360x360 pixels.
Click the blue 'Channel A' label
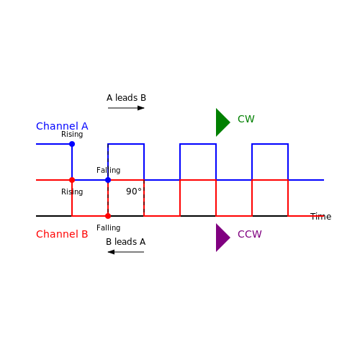(62, 126)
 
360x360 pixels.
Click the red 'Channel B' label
(62, 234)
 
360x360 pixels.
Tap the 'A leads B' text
(126, 98)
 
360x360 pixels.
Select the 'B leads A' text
(126, 242)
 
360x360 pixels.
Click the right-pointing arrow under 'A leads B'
(126, 108)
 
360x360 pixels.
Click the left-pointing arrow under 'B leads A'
(126, 252)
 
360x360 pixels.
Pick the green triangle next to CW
(222, 122)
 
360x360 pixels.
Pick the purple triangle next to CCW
(222, 238)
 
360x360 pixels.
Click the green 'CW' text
(246, 119)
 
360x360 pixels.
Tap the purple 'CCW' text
(250, 234)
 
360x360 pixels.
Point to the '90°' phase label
(134, 192)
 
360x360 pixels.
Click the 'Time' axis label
(320, 217)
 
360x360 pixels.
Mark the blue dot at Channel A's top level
(72, 144)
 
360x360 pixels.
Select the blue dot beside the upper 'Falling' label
(108, 180)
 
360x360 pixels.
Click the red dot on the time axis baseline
(108, 216)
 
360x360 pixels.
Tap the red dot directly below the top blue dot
(72, 180)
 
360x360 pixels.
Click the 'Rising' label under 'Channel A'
(72, 134)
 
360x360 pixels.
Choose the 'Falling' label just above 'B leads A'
(109, 228)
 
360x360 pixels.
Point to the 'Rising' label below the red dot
(72, 192)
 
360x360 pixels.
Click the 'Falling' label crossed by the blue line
(109, 170)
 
